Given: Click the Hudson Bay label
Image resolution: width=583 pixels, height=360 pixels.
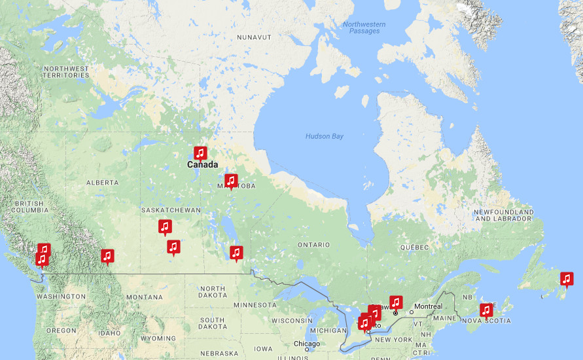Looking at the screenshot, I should coord(324,136).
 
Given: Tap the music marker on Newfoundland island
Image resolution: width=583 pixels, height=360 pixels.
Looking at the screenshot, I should coord(567,279).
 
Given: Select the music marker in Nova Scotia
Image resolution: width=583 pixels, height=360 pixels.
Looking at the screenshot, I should coord(486,310).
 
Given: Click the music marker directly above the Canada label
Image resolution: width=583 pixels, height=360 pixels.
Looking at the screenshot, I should coord(200,153).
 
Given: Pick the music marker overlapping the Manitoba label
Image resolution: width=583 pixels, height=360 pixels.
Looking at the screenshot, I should coord(230,181).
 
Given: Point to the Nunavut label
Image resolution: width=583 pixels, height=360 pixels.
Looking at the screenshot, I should coord(254,38).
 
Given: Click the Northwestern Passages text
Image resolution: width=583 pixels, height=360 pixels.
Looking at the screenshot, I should coord(364,27).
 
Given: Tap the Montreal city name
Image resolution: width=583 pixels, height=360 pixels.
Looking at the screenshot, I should coord(427,306).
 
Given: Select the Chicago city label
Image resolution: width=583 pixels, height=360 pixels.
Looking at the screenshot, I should coord(307,344).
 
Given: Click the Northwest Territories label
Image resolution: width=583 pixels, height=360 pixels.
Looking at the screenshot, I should coord(66,72).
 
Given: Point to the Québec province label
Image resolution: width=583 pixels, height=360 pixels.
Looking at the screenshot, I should coord(414,247).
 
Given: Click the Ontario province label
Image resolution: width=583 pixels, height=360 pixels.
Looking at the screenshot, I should coord(314,244).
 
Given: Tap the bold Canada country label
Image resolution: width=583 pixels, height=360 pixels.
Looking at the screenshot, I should coord(202,165).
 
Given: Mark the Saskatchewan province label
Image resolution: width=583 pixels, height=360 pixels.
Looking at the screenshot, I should coord(171,210).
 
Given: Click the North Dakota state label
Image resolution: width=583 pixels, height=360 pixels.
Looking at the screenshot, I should coord(213,293).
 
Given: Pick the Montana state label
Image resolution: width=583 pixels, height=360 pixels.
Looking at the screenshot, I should coord(144,297).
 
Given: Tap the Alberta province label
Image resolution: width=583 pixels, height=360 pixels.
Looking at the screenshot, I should coord(103,183).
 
